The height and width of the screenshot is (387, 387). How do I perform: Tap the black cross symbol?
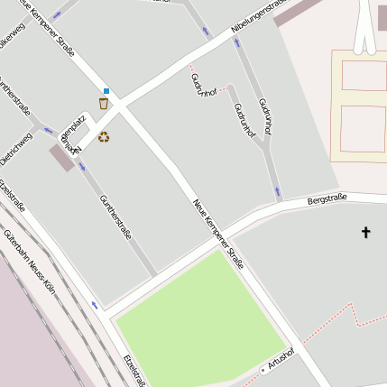[x=366, y=233]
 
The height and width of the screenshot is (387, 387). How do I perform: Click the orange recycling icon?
[x=104, y=137]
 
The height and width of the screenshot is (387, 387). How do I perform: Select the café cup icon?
[x=104, y=104]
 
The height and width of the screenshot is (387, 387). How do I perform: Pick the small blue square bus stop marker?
[x=106, y=91]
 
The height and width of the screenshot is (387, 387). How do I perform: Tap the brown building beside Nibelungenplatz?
[x=61, y=159]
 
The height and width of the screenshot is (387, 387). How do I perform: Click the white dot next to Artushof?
[x=263, y=370]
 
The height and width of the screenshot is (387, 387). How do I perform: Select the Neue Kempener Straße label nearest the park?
[x=218, y=234]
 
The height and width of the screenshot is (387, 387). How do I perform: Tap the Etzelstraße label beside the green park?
[x=134, y=371]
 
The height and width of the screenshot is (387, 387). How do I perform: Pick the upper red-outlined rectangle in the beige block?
[x=364, y=76]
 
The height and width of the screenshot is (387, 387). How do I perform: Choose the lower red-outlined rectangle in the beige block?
[x=364, y=128]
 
